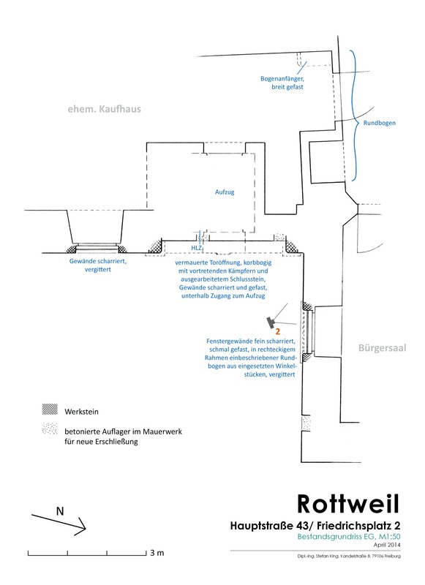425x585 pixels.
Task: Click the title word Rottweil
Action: pos(348,504)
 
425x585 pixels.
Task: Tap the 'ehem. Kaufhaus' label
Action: pos(105,109)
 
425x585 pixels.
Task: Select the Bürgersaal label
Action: pos(382,348)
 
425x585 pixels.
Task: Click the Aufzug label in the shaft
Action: pos(225,192)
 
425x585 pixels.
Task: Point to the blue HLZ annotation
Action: pos(196,248)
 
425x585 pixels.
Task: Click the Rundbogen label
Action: pos(380,123)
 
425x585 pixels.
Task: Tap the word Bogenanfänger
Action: pos(282,79)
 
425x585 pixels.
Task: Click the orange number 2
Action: pos(278,331)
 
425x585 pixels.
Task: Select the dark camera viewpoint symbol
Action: pos(271,322)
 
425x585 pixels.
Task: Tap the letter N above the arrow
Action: pos(60,511)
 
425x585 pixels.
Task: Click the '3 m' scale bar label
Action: pos(157,553)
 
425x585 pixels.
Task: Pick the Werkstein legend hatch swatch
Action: pos(50,409)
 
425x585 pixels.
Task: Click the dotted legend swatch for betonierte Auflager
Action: pos(50,429)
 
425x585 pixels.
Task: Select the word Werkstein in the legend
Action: pos(81,412)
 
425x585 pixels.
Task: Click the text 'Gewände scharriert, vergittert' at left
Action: pos(98,265)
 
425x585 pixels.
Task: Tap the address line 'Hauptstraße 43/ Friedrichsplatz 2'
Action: pos(315,526)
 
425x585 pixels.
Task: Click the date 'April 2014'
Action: pos(387,545)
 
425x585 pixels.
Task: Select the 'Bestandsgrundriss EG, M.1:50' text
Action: pos(349,537)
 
